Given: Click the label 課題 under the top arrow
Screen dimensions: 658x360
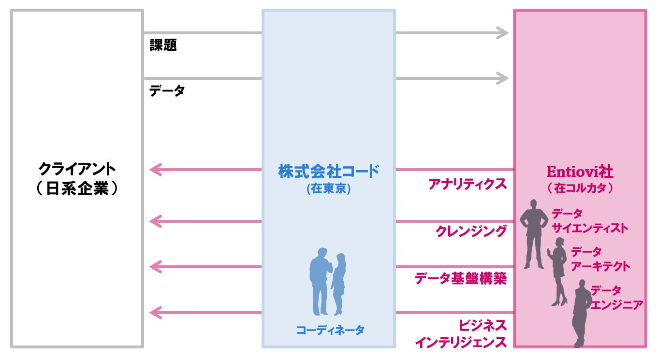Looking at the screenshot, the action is click(x=163, y=45).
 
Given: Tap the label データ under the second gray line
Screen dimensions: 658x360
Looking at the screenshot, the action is click(x=167, y=90).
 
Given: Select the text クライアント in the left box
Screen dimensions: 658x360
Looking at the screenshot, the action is click(x=77, y=169).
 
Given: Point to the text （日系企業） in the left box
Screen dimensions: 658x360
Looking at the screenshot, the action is click(x=77, y=188).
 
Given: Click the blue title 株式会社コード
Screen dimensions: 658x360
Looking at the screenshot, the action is click(x=329, y=171).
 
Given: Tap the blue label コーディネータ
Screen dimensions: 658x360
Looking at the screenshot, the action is click(x=330, y=331).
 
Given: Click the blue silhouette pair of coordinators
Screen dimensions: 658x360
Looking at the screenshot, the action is click(x=327, y=282).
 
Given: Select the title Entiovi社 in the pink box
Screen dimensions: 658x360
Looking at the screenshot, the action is click(x=580, y=172).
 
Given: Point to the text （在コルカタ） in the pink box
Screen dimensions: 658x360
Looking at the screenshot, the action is click(x=580, y=188).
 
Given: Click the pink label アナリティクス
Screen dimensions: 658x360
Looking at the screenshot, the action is click(x=468, y=184).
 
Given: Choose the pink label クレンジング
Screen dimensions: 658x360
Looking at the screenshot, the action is click(x=471, y=231).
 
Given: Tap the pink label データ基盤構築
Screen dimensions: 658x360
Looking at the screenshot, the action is click(x=461, y=278).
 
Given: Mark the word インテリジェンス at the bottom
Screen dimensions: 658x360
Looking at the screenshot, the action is click(x=461, y=343).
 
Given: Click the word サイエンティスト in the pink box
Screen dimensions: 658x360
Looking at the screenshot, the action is click(x=590, y=228).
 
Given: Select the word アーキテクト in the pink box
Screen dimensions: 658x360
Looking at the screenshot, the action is click(x=600, y=266).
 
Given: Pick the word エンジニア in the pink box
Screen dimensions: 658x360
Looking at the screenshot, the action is click(x=616, y=305).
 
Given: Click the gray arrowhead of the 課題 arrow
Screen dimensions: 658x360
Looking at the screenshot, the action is click(x=503, y=33).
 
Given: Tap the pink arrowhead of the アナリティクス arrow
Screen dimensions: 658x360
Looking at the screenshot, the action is click(x=156, y=170).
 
